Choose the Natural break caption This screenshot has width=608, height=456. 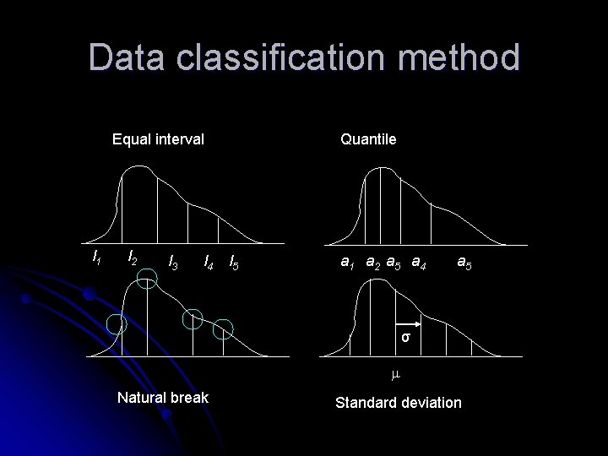(x=162, y=396)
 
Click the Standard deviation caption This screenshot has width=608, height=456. (x=399, y=403)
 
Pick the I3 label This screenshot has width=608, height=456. (x=173, y=263)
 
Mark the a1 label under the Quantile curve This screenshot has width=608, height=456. (x=347, y=263)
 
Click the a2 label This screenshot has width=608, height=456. (x=372, y=263)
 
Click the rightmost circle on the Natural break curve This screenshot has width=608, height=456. (x=223, y=330)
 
